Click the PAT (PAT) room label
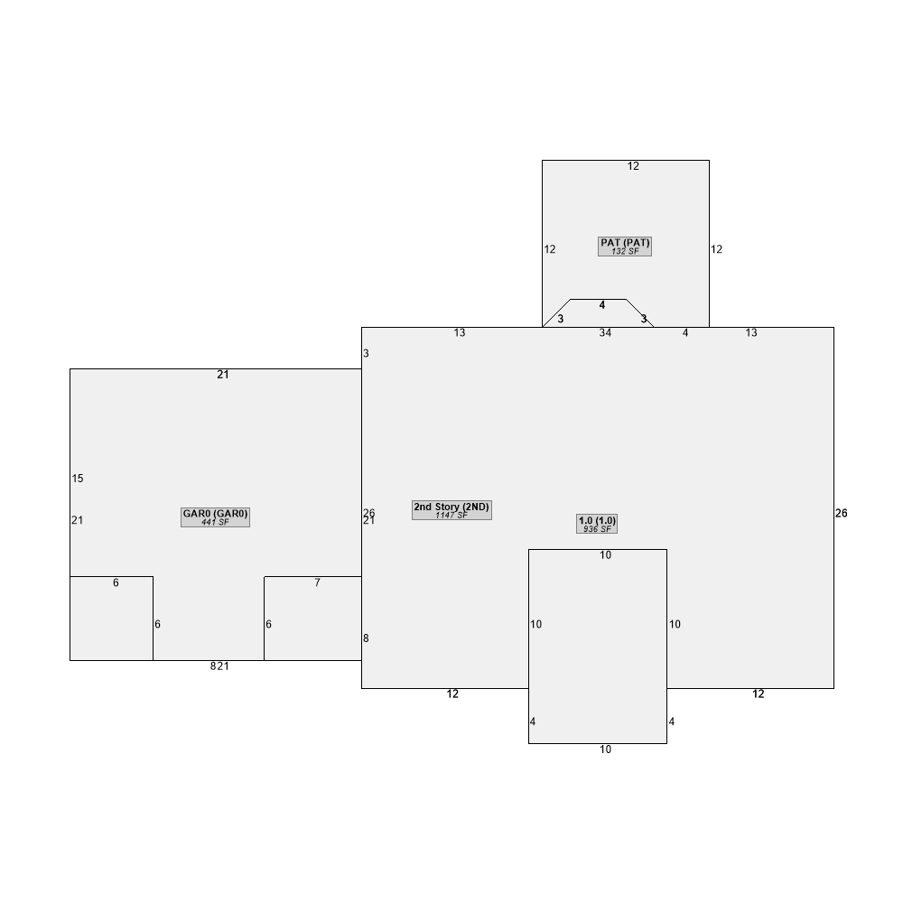tap(625, 243)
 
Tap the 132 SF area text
tap(625, 251)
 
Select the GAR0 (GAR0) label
tap(215, 514)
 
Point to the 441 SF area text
tap(215, 522)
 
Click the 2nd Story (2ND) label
tap(451, 507)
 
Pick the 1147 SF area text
tap(451, 516)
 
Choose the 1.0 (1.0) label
tap(597, 520)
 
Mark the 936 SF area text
tap(597, 529)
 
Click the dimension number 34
tap(605, 333)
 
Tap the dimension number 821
tap(219, 666)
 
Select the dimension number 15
tap(78, 479)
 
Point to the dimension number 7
tap(317, 583)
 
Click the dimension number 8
tap(366, 638)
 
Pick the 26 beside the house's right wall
tap(842, 513)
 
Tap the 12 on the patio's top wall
tap(633, 166)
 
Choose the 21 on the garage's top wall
tap(223, 375)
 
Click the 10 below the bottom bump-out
tap(605, 749)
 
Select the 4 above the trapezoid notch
tap(602, 305)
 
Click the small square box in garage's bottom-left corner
tap(111, 619)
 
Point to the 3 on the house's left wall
tap(366, 353)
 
